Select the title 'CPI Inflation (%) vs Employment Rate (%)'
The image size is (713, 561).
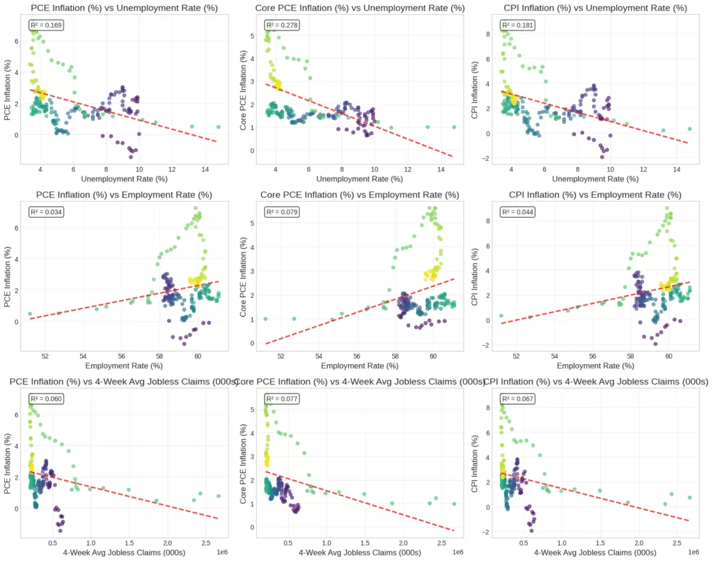pos(587,194)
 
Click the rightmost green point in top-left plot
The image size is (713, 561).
pos(218,127)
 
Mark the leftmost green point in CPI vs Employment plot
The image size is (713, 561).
pos(501,315)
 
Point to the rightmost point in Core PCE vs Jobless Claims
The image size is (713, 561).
pos(454,504)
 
